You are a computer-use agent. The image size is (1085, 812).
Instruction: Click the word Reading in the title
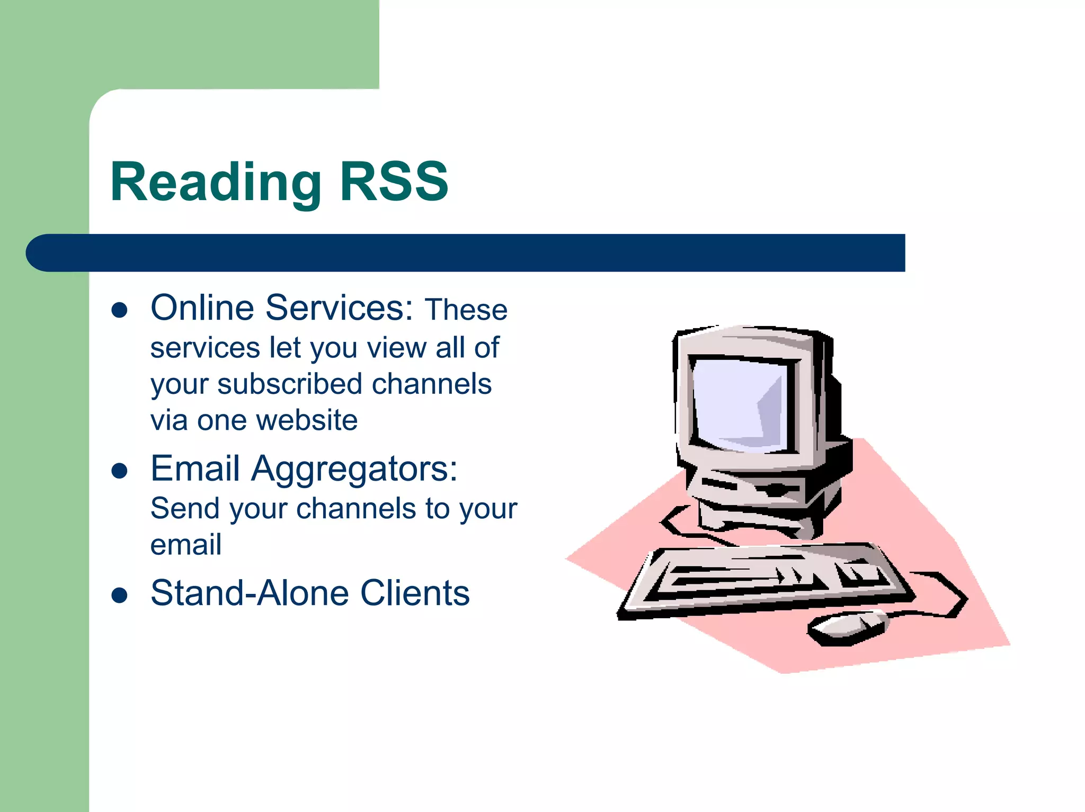pos(216,183)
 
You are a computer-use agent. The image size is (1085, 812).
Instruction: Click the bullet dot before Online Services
pos(120,310)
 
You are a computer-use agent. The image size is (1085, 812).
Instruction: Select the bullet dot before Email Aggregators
pos(120,471)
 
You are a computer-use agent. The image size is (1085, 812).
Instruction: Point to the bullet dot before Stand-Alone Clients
pos(120,595)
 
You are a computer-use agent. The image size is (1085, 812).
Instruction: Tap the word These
pos(466,310)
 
